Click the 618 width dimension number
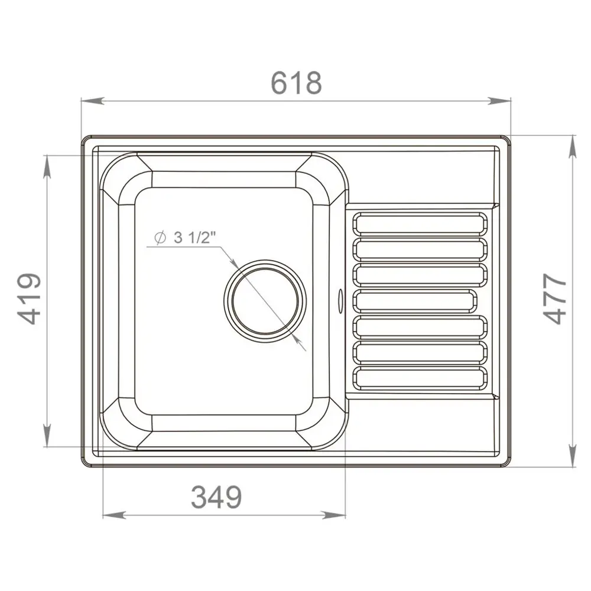[296, 83]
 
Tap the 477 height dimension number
[555, 298]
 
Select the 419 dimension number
[29, 298]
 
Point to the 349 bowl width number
[216, 497]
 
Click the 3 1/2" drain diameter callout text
[195, 238]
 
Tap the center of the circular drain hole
[265, 301]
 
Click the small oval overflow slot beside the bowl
[340, 301]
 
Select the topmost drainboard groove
[420, 224]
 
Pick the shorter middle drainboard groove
[415, 301]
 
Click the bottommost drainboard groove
[420, 378]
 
